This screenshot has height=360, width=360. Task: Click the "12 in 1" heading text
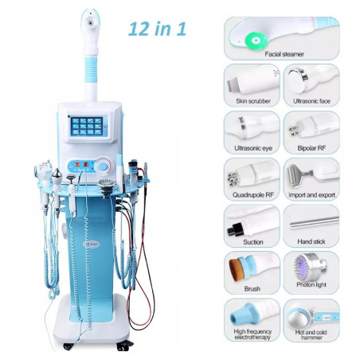click(x=157, y=29)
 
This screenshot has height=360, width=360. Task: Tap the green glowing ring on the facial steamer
click(x=256, y=41)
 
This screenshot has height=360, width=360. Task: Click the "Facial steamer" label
click(x=284, y=54)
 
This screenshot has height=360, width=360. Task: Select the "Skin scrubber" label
click(x=253, y=101)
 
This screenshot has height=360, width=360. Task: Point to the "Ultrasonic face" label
click(x=311, y=101)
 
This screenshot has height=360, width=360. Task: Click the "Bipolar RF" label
click(x=311, y=148)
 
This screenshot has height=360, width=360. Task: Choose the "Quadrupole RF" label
click(x=253, y=195)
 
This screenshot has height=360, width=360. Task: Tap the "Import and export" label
click(x=311, y=195)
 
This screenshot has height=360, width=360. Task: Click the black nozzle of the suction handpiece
click(x=235, y=229)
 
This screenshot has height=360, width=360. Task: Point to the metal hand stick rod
click(x=315, y=222)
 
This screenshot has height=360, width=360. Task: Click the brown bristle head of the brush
click(x=236, y=270)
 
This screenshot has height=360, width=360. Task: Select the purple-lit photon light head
click(x=305, y=266)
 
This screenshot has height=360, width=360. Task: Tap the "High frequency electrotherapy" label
click(x=252, y=335)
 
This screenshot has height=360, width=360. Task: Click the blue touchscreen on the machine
click(x=87, y=126)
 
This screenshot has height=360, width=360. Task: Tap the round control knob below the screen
click(x=103, y=166)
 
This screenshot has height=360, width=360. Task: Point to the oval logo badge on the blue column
click(x=91, y=244)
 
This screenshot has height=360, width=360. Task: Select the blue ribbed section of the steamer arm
click(x=91, y=70)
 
